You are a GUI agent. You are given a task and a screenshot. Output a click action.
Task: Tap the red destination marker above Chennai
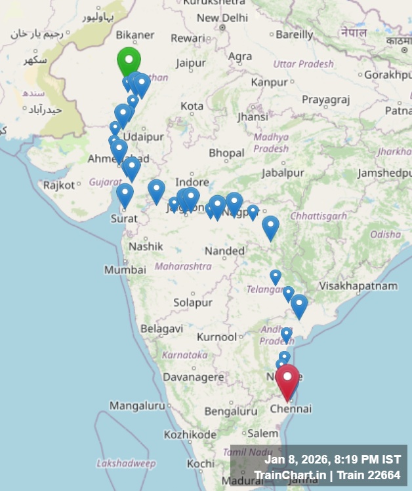[287, 379]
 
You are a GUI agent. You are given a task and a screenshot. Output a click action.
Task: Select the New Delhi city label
[222, 18]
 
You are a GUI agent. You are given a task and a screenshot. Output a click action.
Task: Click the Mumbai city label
[125, 270]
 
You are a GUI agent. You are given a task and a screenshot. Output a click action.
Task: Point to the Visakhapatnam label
[358, 286]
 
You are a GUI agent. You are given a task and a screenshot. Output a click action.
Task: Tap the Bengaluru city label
[231, 411]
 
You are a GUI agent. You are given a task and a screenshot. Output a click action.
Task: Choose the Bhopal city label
[226, 153]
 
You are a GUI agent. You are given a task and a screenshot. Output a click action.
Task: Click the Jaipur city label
[191, 64]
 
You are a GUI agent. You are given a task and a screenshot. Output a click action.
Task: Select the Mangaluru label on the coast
[137, 406]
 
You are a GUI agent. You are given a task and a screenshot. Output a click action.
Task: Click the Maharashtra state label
[183, 266]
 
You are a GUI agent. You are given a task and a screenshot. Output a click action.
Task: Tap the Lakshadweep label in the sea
[126, 464]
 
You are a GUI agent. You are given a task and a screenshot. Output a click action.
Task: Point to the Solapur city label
[193, 303]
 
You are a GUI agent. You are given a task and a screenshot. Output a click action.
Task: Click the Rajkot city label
[59, 185]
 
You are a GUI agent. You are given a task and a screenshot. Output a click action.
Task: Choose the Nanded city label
[224, 251]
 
